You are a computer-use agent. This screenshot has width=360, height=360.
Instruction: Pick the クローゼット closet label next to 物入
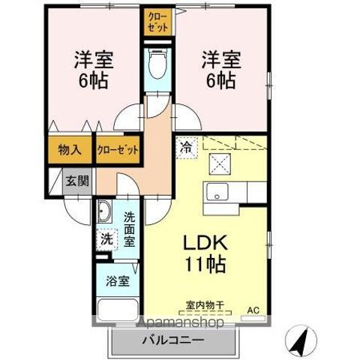(x=118, y=149)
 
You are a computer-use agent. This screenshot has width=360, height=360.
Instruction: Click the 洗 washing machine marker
(x=106, y=240)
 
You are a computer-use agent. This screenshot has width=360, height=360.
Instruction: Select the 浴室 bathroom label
(x=117, y=282)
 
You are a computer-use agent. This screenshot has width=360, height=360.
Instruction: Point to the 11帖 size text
(x=202, y=265)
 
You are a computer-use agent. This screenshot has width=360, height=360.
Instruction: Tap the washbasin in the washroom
(x=103, y=211)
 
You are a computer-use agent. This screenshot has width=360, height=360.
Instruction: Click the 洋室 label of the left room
(x=91, y=58)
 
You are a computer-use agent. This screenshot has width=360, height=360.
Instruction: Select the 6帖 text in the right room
(x=220, y=79)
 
